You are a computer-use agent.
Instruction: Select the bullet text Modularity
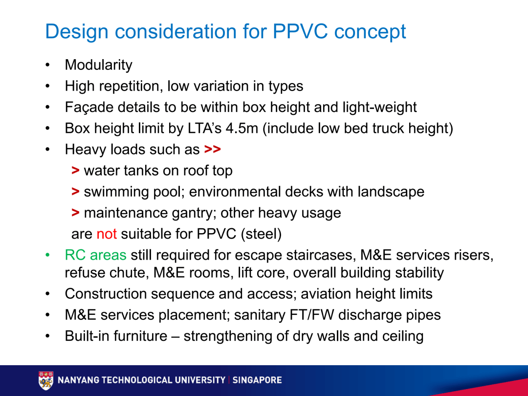coord(98,65)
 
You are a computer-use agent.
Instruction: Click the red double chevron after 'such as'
coord(212,150)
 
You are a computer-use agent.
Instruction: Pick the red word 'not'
coord(107,234)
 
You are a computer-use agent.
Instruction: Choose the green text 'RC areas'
coord(95,255)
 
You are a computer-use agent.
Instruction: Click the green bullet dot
coord(47,255)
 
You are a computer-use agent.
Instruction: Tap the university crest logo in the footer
coord(45,380)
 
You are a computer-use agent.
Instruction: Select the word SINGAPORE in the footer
coord(257,380)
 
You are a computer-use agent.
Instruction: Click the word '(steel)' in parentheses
coord(261,234)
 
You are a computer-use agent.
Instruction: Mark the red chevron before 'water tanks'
coord(75,171)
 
